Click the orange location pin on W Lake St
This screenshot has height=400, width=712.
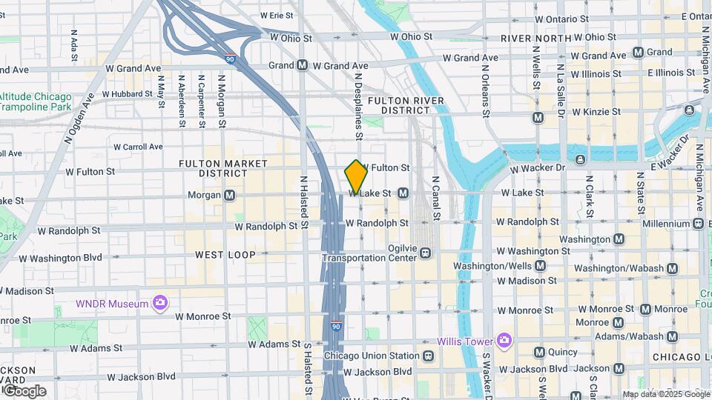pos(356,176)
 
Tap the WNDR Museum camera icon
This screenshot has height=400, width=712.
pos(160,302)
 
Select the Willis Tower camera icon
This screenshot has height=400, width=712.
pos(504,341)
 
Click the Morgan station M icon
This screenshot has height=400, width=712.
pos(230,195)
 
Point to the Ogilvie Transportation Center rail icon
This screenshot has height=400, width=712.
pos(426,253)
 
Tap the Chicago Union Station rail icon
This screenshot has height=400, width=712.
pos(429,356)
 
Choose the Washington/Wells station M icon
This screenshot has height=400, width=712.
pos(540,266)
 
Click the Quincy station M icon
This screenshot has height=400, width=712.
pos(539,352)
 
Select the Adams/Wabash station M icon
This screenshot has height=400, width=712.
pos(672,337)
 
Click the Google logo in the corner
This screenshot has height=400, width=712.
pos(24,391)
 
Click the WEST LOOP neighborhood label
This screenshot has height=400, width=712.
pos(225,254)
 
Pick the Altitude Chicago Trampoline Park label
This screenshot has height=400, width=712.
pos(36,101)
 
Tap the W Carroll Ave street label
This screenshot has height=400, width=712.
pos(134,147)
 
